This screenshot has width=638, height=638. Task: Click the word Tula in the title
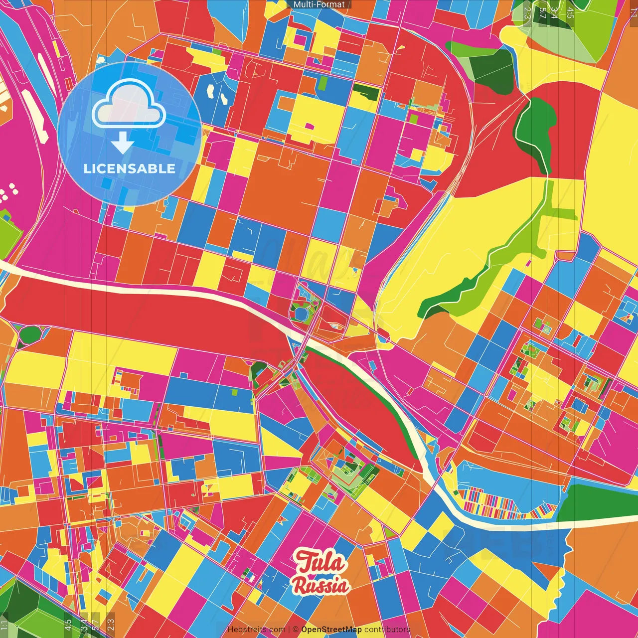(x=320, y=562)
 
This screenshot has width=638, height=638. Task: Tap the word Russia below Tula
(x=321, y=585)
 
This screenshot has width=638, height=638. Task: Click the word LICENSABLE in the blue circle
(x=130, y=168)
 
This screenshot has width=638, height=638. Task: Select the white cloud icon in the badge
(x=129, y=104)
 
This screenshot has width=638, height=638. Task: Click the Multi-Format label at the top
(x=319, y=4)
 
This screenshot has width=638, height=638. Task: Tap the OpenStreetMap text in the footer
(x=331, y=630)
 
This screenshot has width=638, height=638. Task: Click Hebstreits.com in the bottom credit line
(x=256, y=630)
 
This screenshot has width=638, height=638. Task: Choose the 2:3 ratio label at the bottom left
(x=111, y=624)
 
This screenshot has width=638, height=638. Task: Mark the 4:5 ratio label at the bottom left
(x=68, y=625)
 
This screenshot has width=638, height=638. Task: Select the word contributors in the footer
(x=387, y=630)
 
